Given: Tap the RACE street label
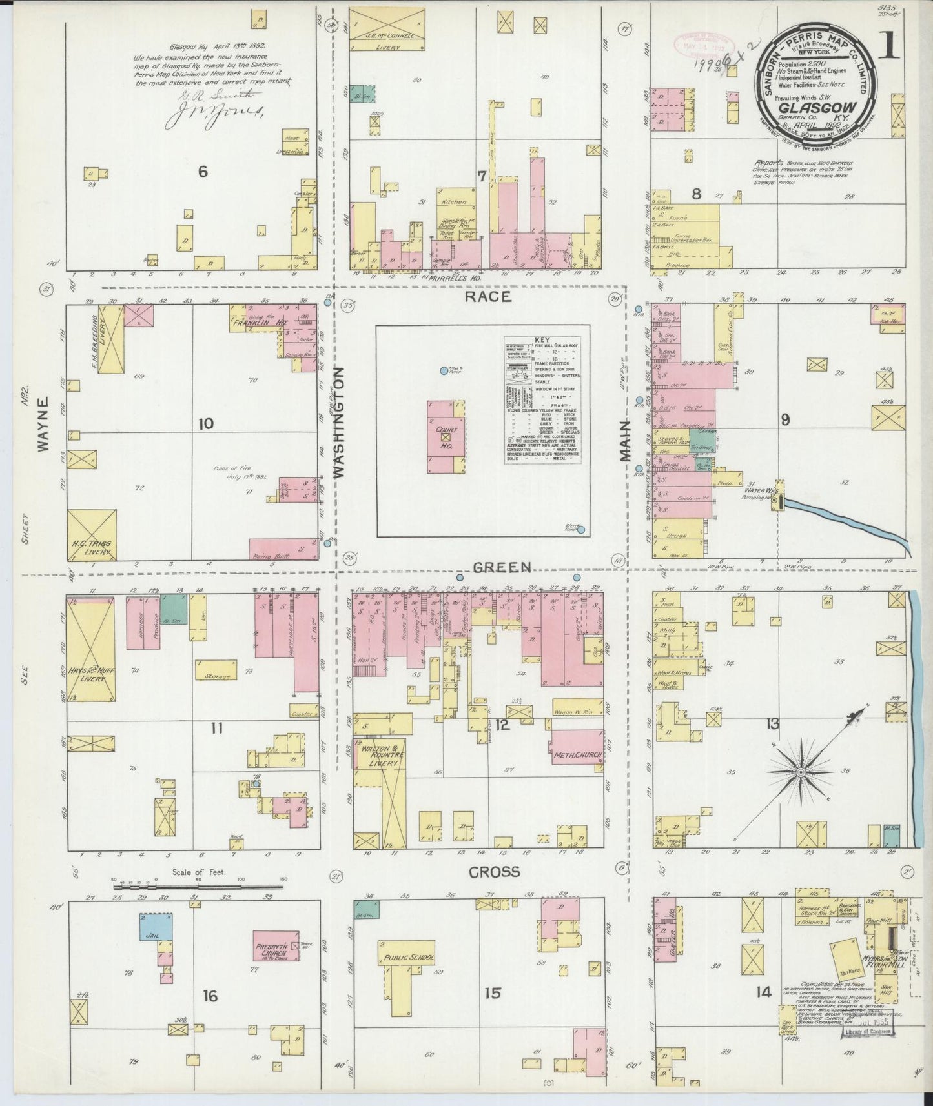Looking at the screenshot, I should [x=488, y=297].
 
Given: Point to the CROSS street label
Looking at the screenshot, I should [x=494, y=872].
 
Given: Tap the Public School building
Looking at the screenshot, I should [x=409, y=958].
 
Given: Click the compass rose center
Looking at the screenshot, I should [x=800, y=772].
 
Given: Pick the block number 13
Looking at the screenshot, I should [x=772, y=724].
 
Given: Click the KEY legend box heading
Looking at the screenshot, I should [x=541, y=340].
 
